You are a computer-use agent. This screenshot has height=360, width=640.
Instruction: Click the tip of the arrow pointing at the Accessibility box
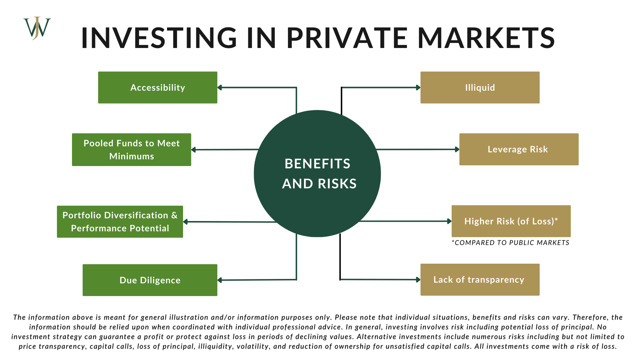[218, 88]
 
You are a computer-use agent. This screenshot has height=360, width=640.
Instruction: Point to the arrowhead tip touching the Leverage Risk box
[459, 149]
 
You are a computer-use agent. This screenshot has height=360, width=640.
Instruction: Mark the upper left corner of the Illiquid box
[421, 72]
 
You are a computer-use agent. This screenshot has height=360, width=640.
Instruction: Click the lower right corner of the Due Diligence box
[217, 296]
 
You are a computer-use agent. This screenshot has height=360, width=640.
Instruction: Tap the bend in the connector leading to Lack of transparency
[340, 279]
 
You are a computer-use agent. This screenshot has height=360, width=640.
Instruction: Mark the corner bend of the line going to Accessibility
[296, 88]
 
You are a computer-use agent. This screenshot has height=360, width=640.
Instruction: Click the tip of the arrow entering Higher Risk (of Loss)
[452, 221]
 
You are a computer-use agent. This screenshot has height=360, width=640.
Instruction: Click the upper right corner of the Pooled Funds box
[191, 134]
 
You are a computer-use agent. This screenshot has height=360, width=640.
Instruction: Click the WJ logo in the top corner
[37, 28]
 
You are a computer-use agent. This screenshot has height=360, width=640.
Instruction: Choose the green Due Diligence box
[150, 280]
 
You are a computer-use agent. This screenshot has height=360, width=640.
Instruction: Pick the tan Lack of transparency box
[480, 280]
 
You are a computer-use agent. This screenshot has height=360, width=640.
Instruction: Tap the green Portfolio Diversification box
[120, 222]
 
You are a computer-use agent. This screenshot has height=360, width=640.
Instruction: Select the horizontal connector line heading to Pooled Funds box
[225, 150]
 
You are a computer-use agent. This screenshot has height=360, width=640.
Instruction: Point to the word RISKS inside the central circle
[337, 184]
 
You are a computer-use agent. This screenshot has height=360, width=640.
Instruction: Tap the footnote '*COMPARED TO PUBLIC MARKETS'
[510, 243]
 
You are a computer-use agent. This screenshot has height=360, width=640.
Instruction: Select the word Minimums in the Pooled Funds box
[132, 156]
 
